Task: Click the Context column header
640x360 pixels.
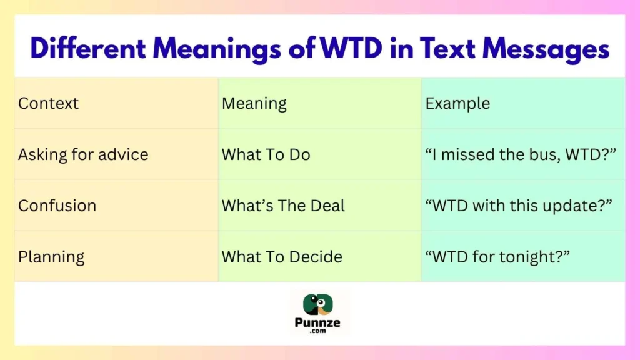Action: tap(49, 103)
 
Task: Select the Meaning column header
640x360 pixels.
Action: tap(254, 103)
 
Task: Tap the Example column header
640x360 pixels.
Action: tap(457, 103)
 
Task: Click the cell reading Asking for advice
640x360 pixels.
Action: tap(83, 154)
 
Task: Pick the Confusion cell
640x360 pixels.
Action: tap(57, 206)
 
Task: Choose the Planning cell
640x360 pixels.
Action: tap(51, 257)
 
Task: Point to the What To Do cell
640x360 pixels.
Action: tap(266, 154)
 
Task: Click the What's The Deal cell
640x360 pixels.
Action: tap(283, 206)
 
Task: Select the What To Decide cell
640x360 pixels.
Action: tap(282, 257)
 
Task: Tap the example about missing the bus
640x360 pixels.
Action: tap(521, 154)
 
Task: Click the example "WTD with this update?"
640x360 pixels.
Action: tap(518, 206)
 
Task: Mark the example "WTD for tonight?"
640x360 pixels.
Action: tap(498, 257)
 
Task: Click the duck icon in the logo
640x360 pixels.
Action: tap(319, 304)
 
